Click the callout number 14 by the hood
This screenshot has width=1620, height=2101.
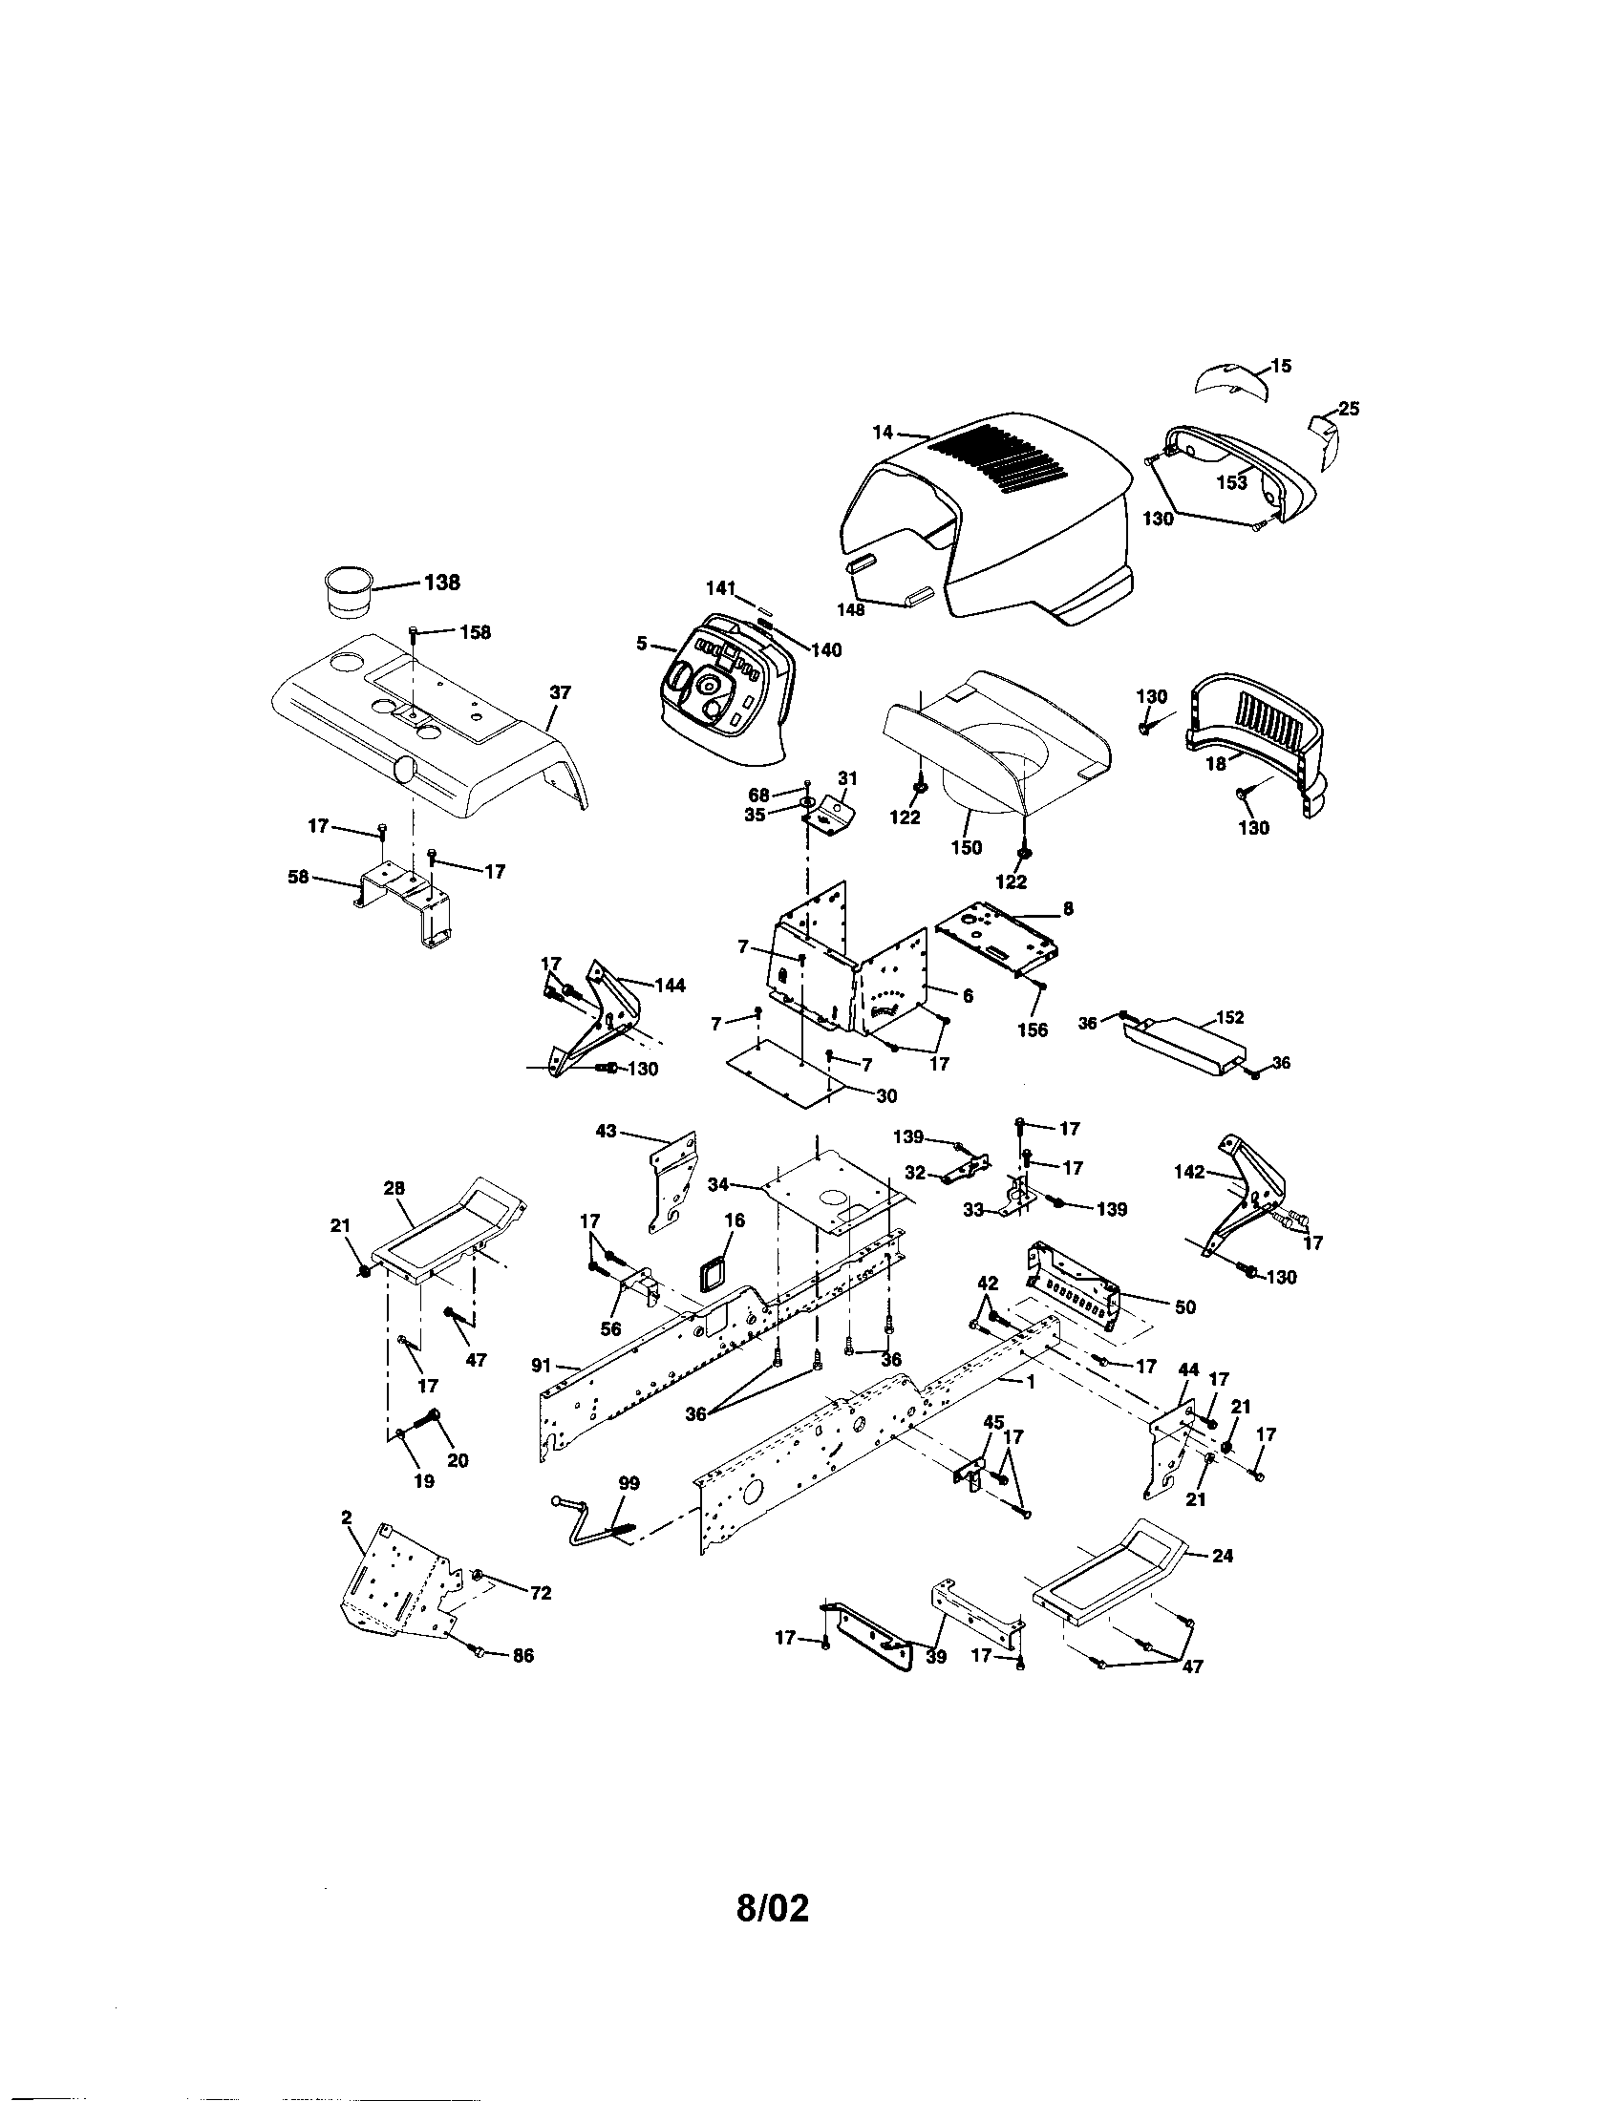coord(883,433)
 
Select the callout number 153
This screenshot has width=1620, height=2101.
coord(1232,482)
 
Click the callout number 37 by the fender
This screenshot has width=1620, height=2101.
coord(560,690)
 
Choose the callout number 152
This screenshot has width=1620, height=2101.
coord(1230,1017)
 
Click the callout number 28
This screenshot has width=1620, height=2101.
coord(394,1189)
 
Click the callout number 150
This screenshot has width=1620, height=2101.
coord(966,846)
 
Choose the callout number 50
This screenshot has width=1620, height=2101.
coord(1186,1307)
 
